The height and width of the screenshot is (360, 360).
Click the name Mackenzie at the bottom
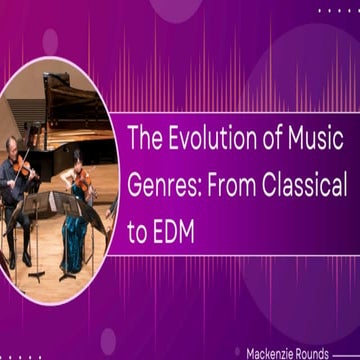coord(272,353)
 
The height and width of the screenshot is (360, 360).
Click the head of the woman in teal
coord(76,160)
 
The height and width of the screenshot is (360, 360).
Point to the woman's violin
coord(86,181)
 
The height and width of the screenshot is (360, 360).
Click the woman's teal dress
coord(73,235)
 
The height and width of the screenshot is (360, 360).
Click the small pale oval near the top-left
coord(50,41)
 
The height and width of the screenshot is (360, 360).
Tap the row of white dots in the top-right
coord(338,10)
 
